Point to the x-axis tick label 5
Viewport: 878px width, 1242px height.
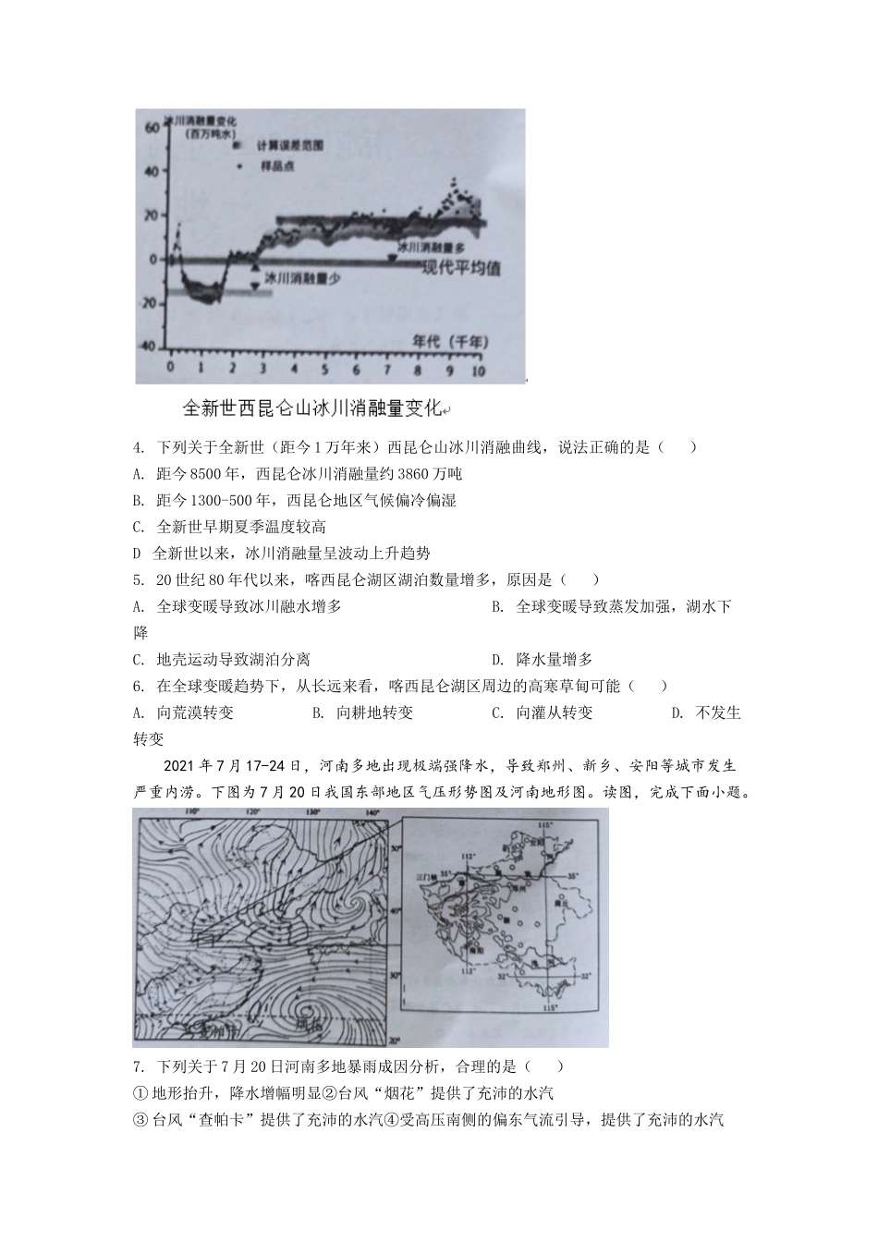coord(324,369)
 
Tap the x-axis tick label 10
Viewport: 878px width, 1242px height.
coord(477,369)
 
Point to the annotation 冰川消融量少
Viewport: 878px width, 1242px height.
coord(296,276)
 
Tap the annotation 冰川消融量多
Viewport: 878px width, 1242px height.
coord(431,248)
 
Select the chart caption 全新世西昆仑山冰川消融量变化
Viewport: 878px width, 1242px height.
coord(313,408)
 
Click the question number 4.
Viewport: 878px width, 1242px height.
coord(139,447)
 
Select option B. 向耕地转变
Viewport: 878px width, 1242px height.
coord(362,712)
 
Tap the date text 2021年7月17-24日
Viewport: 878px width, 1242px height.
coord(232,766)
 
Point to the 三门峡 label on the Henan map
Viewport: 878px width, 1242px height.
coord(426,874)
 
